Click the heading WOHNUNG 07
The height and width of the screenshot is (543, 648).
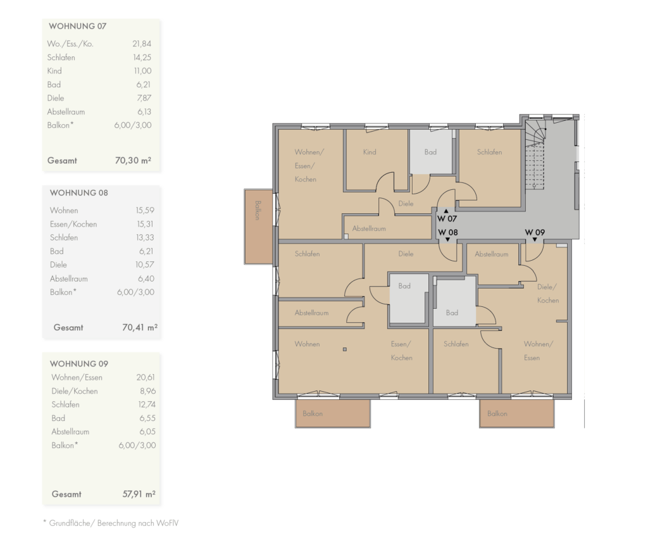click(78, 26)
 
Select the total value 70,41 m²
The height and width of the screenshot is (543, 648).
click(140, 327)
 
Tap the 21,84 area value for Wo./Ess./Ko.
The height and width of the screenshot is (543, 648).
click(142, 44)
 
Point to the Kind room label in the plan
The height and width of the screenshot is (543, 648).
click(370, 152)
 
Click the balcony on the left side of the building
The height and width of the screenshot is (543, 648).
click(258, 227)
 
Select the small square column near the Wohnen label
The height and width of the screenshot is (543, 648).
click(345, 349)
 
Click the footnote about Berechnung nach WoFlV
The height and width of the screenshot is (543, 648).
click(111, 523)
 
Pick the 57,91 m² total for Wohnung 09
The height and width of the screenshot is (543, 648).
click(139, 494)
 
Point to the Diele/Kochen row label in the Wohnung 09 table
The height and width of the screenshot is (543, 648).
click(75, 391)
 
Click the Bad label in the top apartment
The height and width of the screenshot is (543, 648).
click(430, 152)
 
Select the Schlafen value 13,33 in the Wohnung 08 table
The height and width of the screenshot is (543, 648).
click(145, 237)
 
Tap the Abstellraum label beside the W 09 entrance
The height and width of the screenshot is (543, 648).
click(491, 254)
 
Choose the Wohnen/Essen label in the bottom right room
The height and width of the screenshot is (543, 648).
click(538, 351)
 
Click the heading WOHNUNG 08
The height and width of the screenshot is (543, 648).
click(79, 193)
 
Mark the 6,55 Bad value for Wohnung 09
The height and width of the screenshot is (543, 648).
click(147, 418)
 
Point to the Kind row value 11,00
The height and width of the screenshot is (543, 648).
click(142, 71)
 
